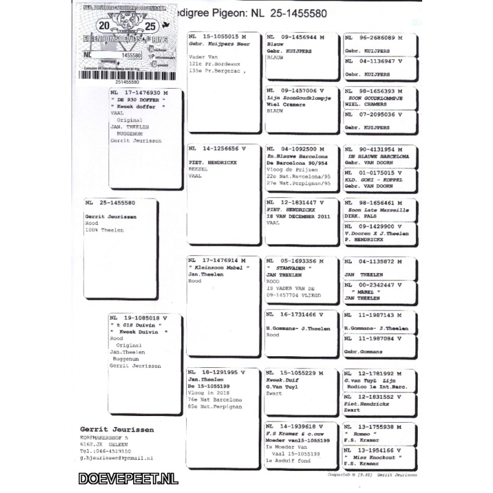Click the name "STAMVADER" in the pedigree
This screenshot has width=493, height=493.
point(289,268)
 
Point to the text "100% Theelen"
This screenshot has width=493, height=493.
point(105,230)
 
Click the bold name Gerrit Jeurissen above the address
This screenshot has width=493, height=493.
point(117,430)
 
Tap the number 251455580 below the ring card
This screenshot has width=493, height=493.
point(127,81)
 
